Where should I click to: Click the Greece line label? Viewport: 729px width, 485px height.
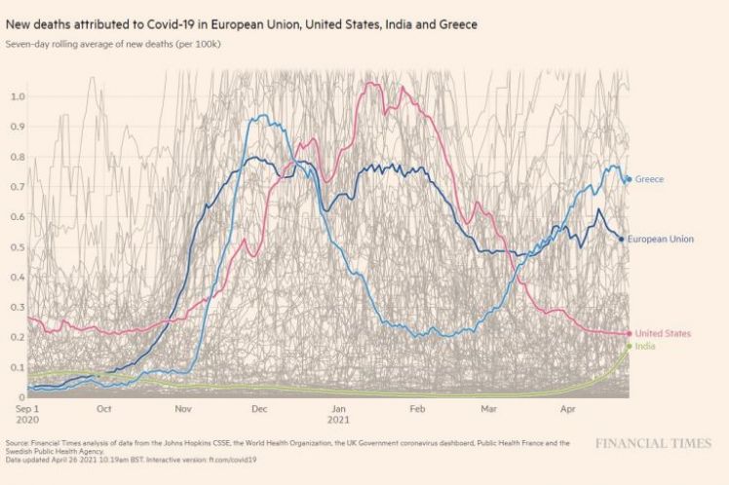pyautogui.click(x=649, y=179)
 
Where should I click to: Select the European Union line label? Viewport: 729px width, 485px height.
pyautogui.click(x=660, y=239)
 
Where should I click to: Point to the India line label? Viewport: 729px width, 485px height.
pyautogui.click(x=644, y=347)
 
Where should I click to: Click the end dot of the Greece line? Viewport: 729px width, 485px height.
pyautogui.click(x=629, y=179)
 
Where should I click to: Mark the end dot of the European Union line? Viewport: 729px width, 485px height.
pyautogui.click(x=622, y=239)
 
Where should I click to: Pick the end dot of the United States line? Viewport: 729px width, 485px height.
pyautogui.click(x=629, y=334)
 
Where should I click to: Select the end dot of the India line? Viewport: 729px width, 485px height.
pyautogui.click(x=629, y=347)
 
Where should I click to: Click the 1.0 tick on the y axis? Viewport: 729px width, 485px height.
pyautogui.click(x=18, y=95)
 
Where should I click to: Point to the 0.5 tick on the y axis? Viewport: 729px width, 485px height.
pyautogui.click(x=18, y=246)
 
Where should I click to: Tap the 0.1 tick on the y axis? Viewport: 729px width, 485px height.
pyautogui.click(x=18, y=367)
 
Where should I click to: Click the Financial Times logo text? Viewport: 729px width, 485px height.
pyautogui.click(x=652, y=444)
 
